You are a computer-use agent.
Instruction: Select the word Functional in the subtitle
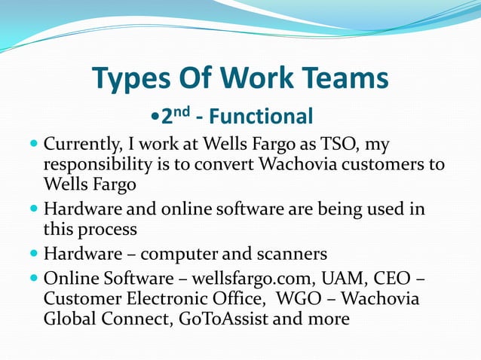(261, 117)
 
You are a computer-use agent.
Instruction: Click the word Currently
(84, 143)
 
